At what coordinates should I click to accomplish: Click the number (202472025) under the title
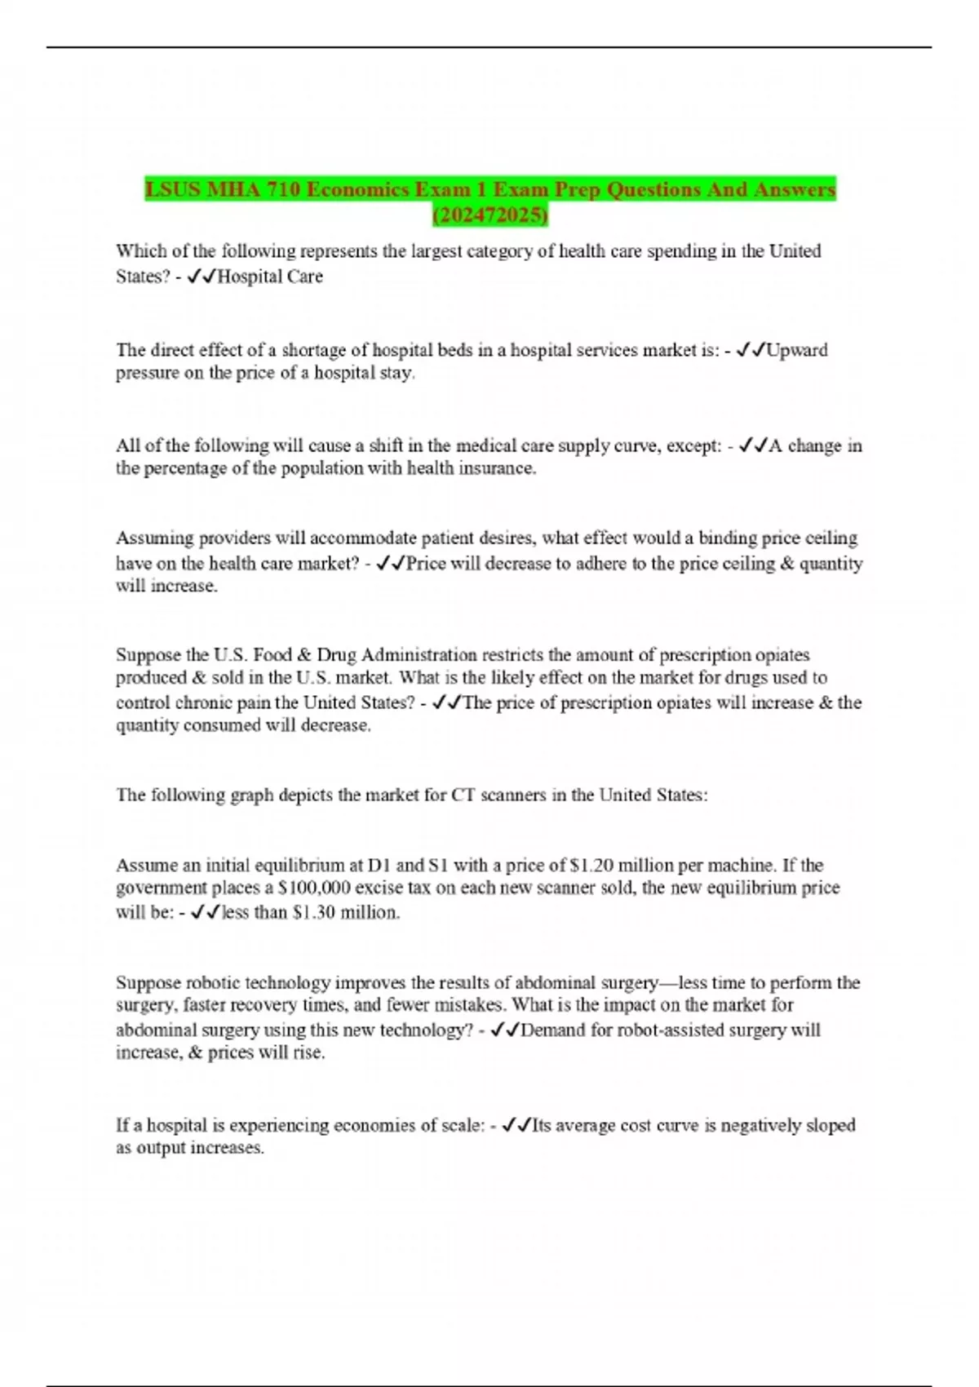pos(489,215)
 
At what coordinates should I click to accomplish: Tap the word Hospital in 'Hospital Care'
pos(249,277)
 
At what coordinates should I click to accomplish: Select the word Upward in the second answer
pos(798,350)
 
